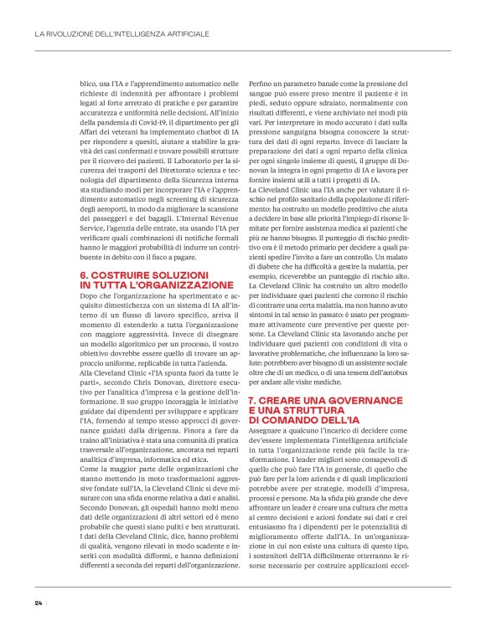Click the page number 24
tap(39, 603)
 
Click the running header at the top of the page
tap(121, 34)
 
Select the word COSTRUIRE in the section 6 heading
tap(121, 274)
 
